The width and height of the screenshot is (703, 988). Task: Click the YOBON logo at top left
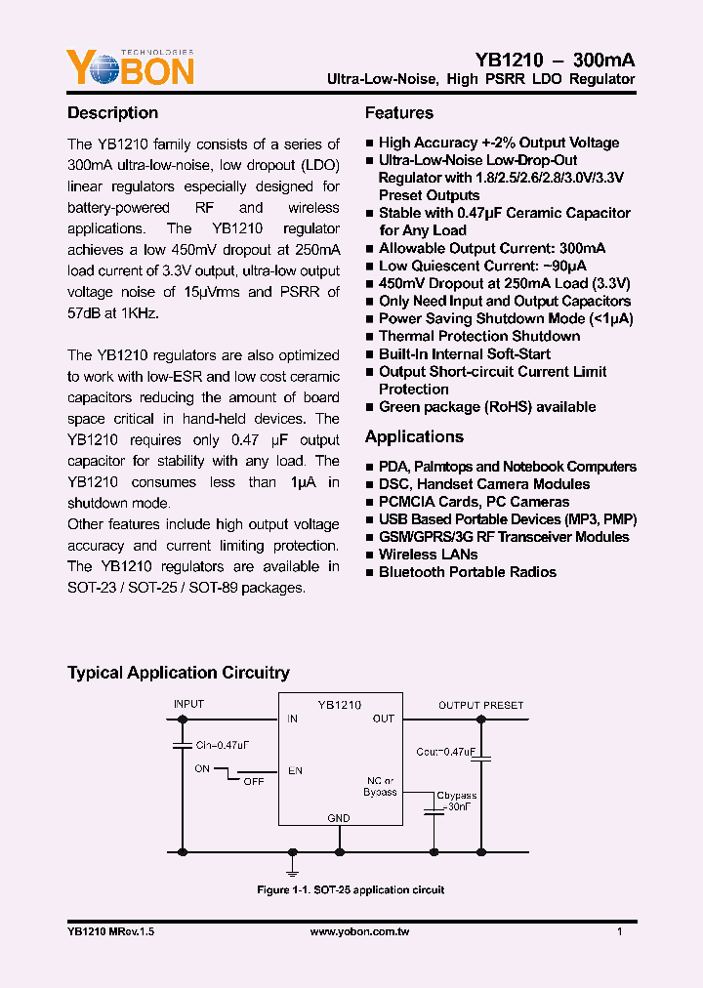click(130, 67)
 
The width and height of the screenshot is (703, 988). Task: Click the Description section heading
click(112, 113)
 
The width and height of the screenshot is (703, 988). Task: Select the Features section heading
click(398, 113)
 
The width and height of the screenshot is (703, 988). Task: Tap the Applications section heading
click(414, 437)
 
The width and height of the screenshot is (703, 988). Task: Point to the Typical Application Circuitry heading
click(178, 673)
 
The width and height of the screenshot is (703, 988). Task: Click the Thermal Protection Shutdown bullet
click(479, 337)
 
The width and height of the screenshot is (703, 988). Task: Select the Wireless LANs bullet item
click(421, 555)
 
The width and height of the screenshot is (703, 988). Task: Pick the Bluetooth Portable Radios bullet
click(467, 572)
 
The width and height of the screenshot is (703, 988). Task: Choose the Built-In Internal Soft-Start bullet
click(464, 354)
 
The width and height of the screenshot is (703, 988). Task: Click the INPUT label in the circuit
click(188, 705)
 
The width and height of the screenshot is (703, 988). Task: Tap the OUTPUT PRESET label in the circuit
click(480, 705)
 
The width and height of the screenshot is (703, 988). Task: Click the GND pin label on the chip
click(338, 818)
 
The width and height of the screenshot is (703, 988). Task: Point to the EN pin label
click(294, 771)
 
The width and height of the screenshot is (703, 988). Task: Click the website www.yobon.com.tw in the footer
click(359, 932)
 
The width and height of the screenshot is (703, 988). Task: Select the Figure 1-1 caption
click(351, 890)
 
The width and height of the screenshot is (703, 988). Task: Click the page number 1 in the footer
click(620, 932)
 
